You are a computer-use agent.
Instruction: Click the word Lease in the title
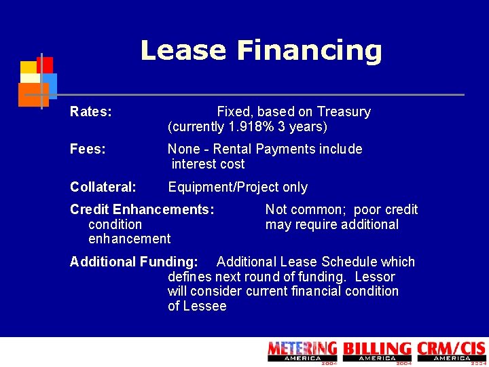pyautogui.click(x=183, y=50)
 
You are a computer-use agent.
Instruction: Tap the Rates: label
pyautogui.click(x=91, y=112)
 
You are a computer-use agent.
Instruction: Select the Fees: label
pyautogui.click(x=88, y=150)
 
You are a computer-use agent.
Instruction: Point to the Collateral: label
pyautogui.click(x=103, y=188)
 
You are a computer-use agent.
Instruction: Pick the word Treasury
pyautogui.click(x=344, y=112)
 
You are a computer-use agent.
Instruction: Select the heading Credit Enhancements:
pyautogui.click(x=142, y=210)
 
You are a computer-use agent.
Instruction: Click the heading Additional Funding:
pyautogui.click(x=134, y=262)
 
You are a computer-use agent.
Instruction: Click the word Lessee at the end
pyautogui.click(x=204, y=307)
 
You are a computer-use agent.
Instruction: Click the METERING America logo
pyautogui.click(x=302, y=351)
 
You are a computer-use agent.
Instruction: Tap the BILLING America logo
pyautogui.click(x=377, y=351)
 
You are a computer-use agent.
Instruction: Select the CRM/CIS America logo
pyautogui.click(x=452, y=351)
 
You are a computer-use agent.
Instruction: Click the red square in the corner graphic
pyautogui.click(x=45, y=65)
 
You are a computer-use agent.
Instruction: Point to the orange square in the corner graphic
pyautogui.click(x=33, y=94)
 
